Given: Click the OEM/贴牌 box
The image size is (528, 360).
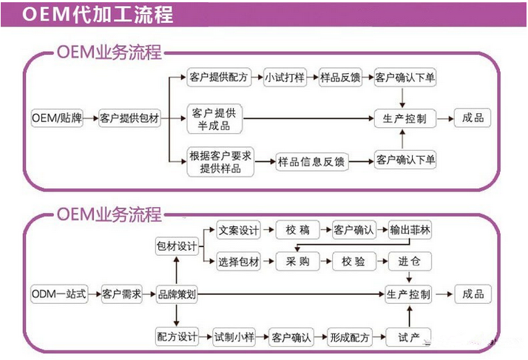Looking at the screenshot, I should (x=57, y=118).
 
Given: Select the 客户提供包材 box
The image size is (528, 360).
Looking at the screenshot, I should (x=130, y=118).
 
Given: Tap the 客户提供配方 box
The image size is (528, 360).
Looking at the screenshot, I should (x=219, y=77).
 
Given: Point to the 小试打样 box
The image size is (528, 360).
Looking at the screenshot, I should (x=284, y=77).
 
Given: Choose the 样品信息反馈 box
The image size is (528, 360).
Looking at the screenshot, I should (x=311, y=160).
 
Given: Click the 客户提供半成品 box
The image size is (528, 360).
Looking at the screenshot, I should (x=214, y=118).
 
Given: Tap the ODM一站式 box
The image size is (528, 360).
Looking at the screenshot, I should (x=59, y=293).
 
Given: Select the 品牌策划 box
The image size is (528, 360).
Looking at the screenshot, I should (x=177, y=293).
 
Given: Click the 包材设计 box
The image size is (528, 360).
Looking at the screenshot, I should (x=177, y=246).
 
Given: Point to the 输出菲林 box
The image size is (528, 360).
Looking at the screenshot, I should (x=410, y=230).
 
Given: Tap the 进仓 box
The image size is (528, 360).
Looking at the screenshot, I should (x=410, y=261).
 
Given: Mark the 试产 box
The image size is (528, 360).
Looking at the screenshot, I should (x=410, y=336).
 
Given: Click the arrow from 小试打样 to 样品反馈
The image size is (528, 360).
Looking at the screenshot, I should (x=312, y=77).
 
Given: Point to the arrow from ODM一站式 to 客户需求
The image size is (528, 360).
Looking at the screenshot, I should (x=93, y=293).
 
